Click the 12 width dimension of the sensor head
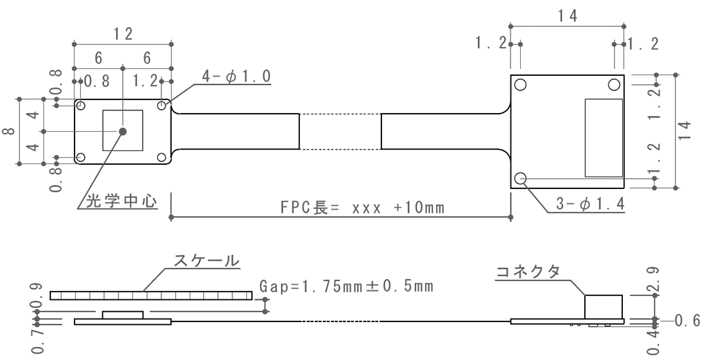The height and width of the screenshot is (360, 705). tap(123, 34)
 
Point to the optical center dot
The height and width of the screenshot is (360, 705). tap(123, 131)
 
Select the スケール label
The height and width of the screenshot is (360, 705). tap(205, 261)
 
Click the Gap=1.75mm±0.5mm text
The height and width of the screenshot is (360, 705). tap(347, 285)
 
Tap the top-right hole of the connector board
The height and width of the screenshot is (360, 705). tap(614, 85)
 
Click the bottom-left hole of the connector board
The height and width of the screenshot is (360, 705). tap(521, 179)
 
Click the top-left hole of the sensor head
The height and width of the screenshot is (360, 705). tap(81, 106)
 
